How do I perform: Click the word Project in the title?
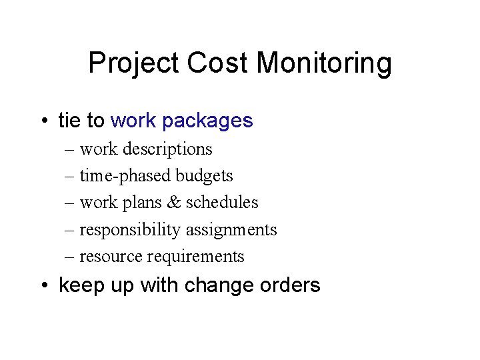click(134, 64)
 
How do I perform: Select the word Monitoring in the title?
click(324, 64)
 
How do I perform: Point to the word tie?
click(71, 121)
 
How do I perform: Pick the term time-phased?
click(125, 176)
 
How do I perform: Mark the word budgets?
click(204, 176)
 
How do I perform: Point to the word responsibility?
click(130, 230)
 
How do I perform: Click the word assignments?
click(231, 230)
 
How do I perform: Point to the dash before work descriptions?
click(70, 149)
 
